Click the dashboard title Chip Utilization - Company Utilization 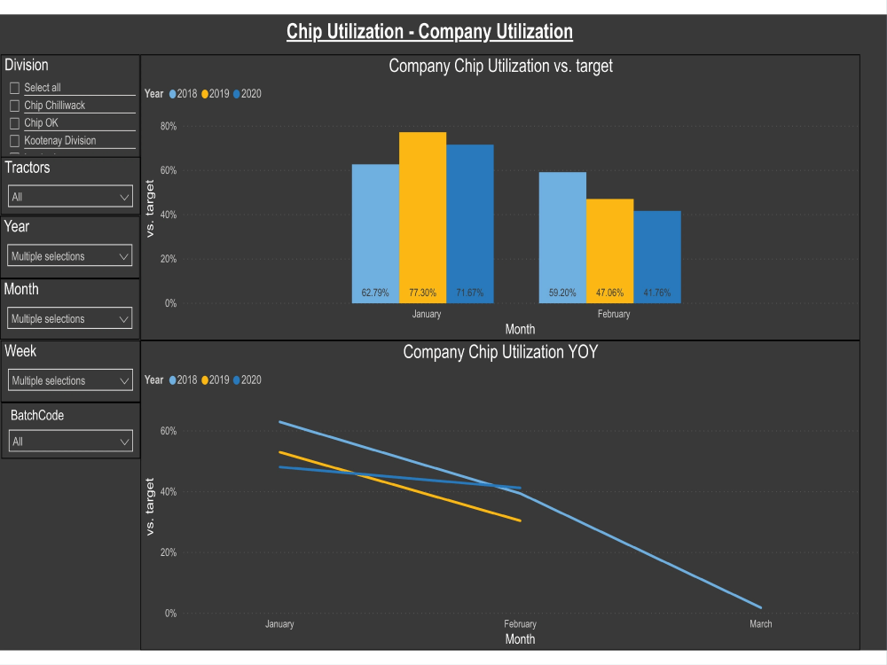click(x=429, y=32)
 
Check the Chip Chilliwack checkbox click(x=14, y=106)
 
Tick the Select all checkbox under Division click(x=14, y=88)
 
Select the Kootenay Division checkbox click(x=14, y=141)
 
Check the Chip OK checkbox click(x=14, y=123)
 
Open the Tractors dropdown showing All click(x=70, y=197)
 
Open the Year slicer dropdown click(x=70, y=256)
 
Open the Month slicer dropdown click(x=70, y=318)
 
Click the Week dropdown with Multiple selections click(x=70, y=380)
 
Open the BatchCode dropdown click(x=70, y=442)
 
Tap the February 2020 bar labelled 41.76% click(x=657, y=256)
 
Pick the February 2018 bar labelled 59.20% click(x=562, y=238)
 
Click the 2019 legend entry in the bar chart click(x=216, y=94)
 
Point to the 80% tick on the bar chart click(x=168, y=127)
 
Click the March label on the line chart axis click(x=760, y=624)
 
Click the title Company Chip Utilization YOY click(x=500, y=352)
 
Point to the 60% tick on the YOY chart click(x=168, y=431)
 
